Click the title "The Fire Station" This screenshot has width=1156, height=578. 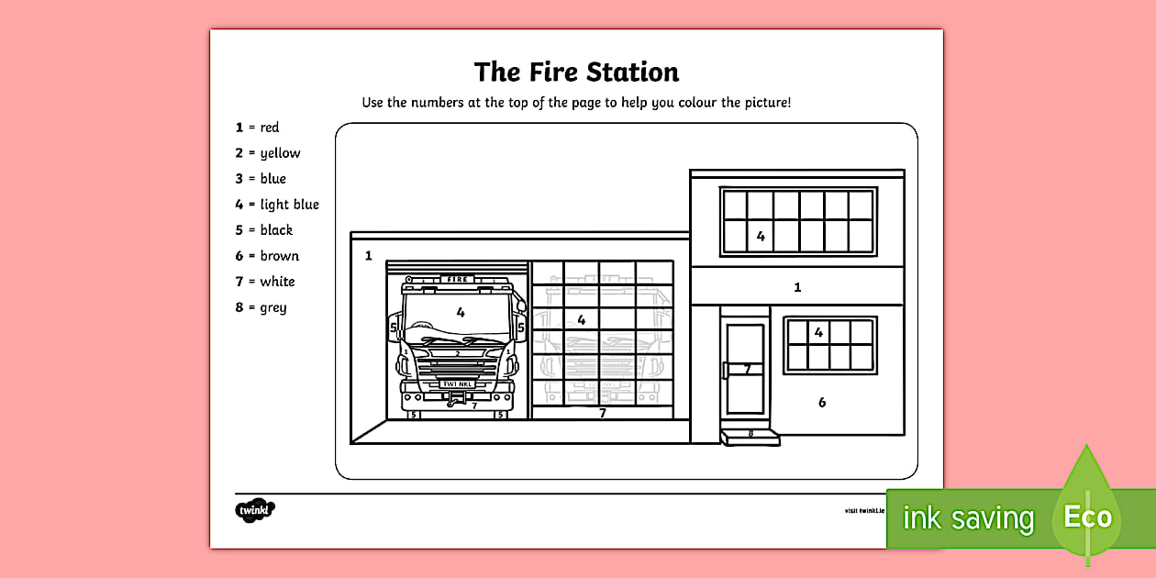tap(576, 72)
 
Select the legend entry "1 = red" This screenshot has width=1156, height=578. tap(257, 128)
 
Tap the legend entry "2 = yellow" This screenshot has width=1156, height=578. tap(267, 153)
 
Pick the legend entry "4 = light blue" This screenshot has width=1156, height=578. tap(276, 205)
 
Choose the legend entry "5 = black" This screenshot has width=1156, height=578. tap(263, 230)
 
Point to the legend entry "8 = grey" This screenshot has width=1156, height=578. tap(261, 307)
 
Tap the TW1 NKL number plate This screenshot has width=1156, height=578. tap(456, 384)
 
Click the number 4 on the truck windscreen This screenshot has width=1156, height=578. tap(461, 313)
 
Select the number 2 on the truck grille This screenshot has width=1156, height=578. tap(457, 352)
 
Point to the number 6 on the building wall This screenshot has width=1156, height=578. tap(822, 402)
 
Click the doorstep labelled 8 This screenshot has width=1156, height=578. tap(750, 435)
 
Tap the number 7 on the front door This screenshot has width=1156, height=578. tap(747, 369)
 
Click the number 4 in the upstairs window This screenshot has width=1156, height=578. tap(761, 236)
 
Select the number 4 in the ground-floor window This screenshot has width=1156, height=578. tap(818, 332)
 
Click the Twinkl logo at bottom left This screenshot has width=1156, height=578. tap(255, 509)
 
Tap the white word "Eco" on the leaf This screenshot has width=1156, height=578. tap(1087, 517)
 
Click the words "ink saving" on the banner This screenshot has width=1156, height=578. tap(967, 518)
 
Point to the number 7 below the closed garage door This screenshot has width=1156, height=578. tap(603, 413)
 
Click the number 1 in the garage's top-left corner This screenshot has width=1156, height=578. tap(369, 256)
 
